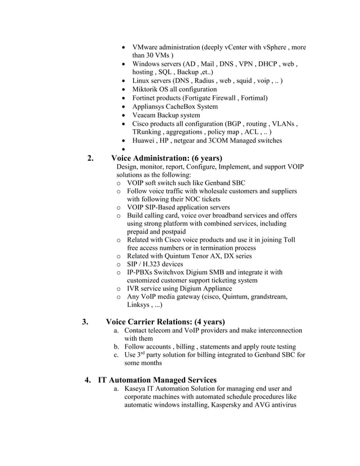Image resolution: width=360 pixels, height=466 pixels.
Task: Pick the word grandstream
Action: click(267, 297)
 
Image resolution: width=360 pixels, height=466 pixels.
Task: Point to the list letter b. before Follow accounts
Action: click(117, 346)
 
